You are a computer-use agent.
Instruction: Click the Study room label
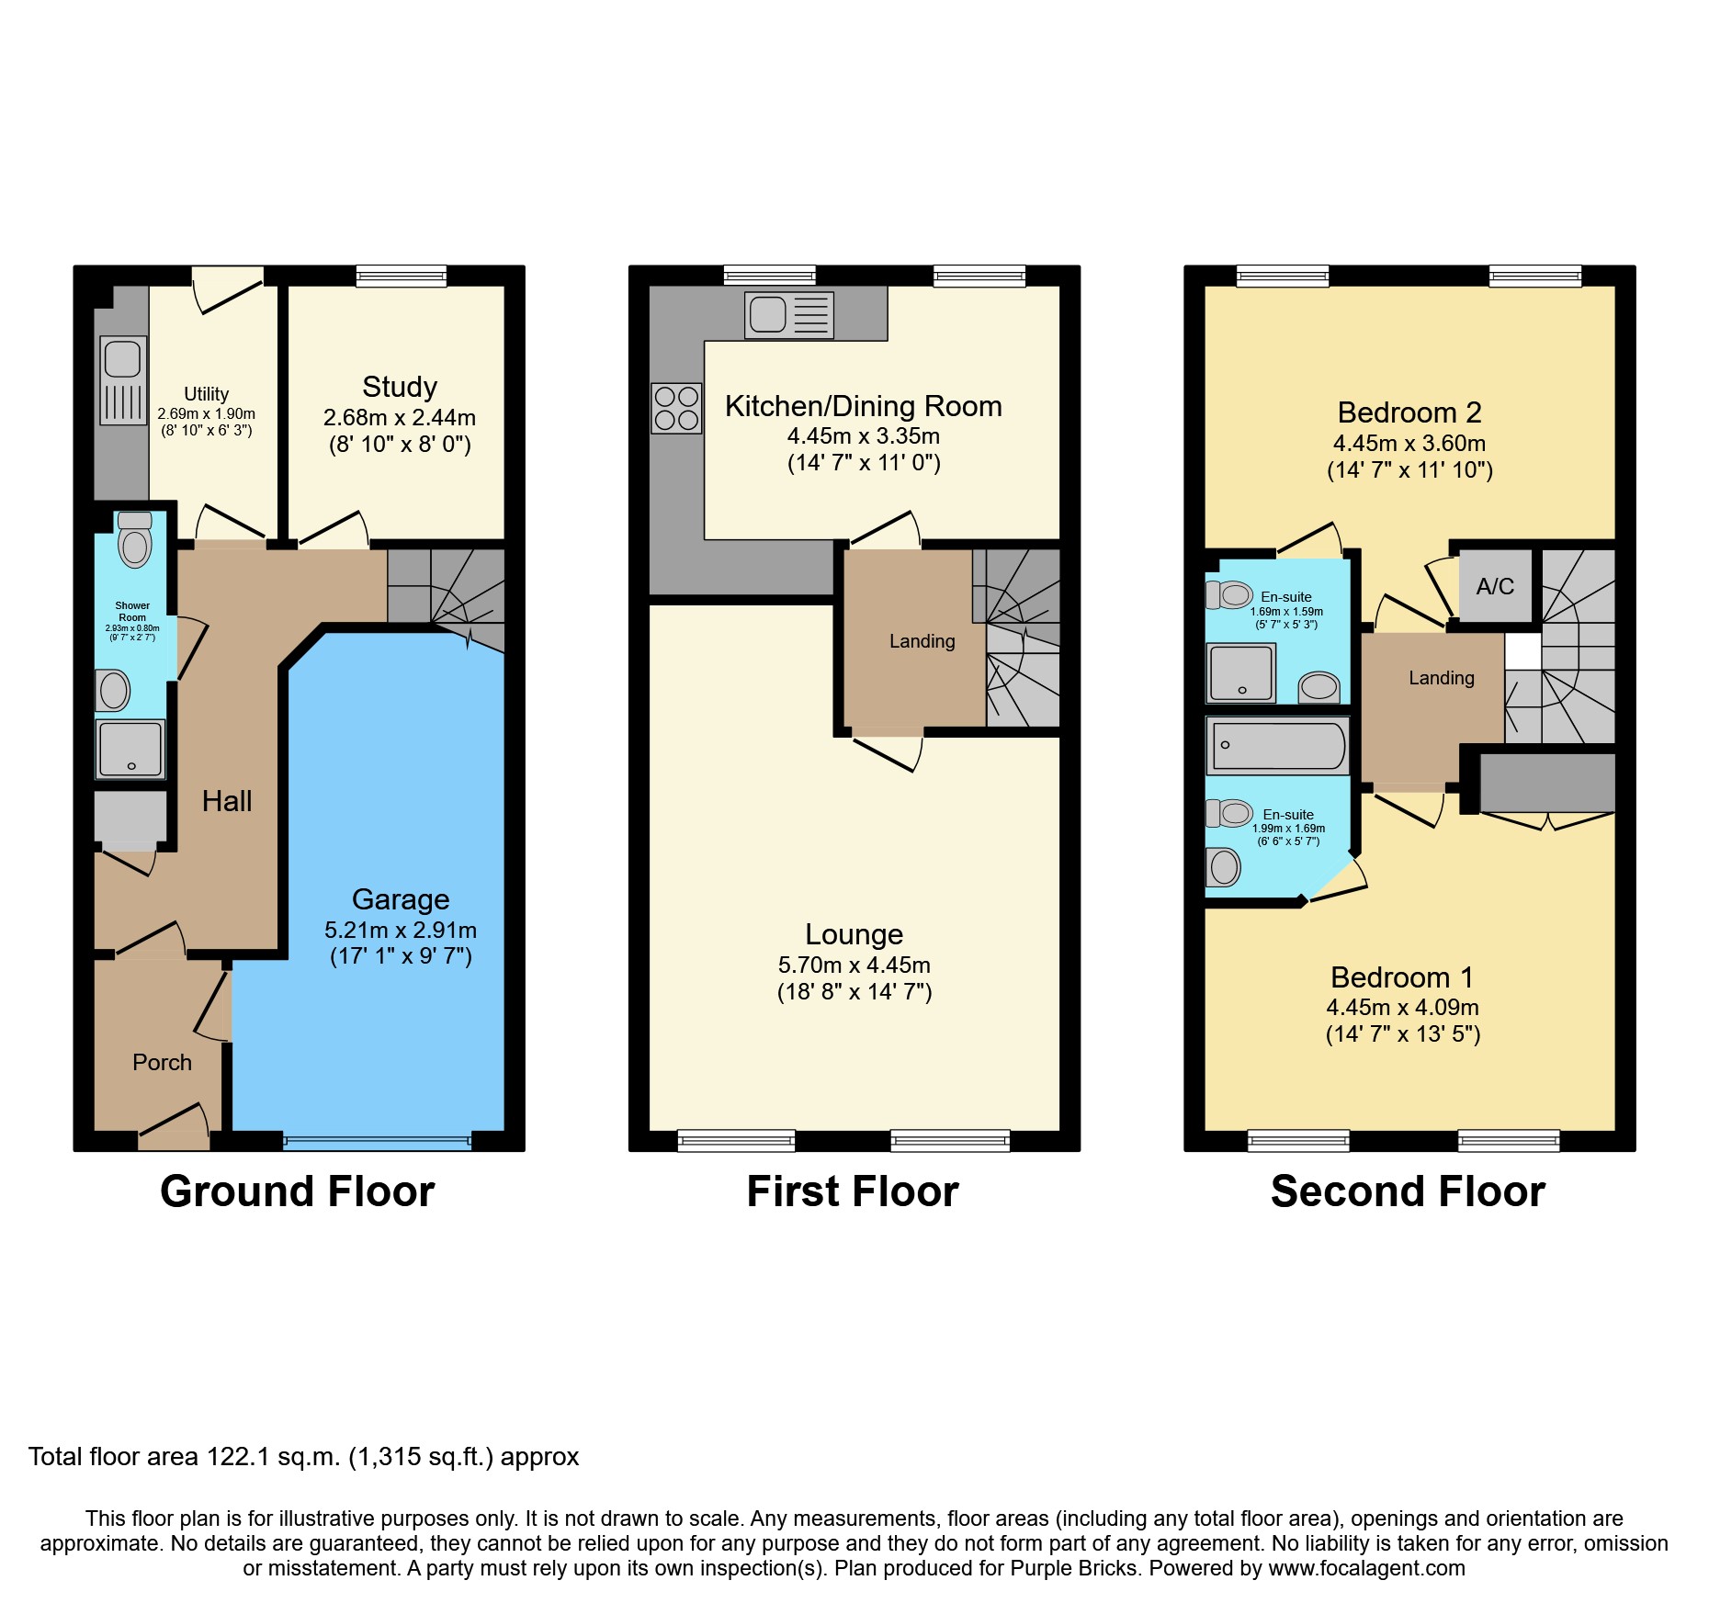click(x=399, y=387)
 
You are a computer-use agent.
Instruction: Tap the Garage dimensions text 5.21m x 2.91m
click(x=400, y=930)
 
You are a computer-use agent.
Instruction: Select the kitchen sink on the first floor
click(x=788, y=315)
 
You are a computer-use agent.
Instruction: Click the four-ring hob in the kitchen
click(x=676, y=408)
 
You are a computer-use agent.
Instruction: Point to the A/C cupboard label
click(x=1494, y=586)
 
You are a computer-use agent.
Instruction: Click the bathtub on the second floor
click(x=1277, y=745)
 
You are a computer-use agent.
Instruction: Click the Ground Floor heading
click(x=297, y=1191)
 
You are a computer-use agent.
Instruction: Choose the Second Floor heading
click(x=1407, y=1191)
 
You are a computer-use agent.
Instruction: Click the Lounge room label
click(x=854, y=934)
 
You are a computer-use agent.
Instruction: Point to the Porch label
click(x=162, y=1062)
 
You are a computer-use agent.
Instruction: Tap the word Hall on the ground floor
click(x=226, y=801)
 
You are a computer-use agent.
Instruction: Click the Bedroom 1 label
click(x=1401, y=977)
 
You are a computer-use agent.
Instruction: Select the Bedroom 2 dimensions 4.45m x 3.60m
click(x=1409, y=443)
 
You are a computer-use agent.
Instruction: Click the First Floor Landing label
click(x=922, y=641)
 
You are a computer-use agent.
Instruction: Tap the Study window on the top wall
click(x=401, y=276)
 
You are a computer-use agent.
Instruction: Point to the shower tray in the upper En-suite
click(x=1240, y=673)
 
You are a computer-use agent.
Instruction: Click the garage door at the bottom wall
click(x=377, y=1142)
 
